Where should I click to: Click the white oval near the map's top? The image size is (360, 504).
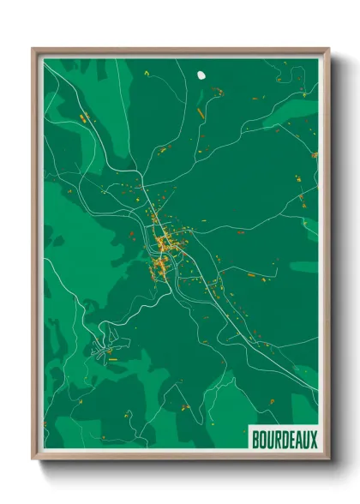(201, 75)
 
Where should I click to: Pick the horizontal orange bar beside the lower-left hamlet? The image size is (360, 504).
(112, 360)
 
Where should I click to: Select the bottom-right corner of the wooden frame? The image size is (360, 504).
(328, 460)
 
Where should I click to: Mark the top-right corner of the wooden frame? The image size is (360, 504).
(328, 49)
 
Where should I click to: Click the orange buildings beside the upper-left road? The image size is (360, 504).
(83, 117)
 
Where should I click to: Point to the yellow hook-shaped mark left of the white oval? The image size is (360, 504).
(147, 74)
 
